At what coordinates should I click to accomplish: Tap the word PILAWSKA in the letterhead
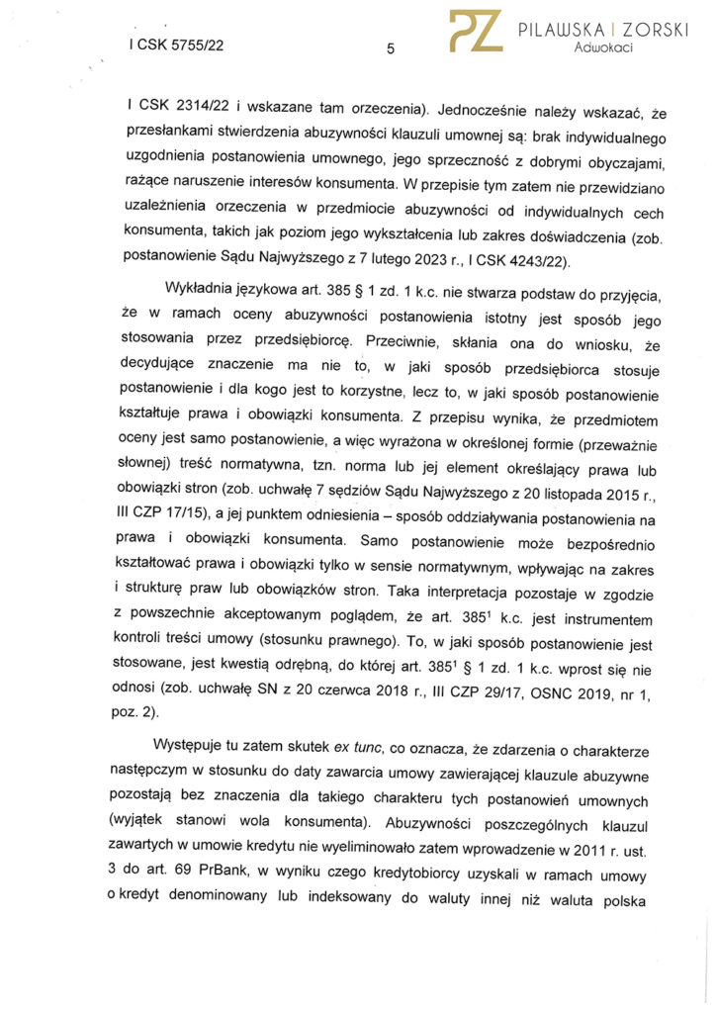pos(559,30)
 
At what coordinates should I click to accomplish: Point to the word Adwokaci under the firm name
pos(602,48)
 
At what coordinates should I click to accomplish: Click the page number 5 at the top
pos(391,47)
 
